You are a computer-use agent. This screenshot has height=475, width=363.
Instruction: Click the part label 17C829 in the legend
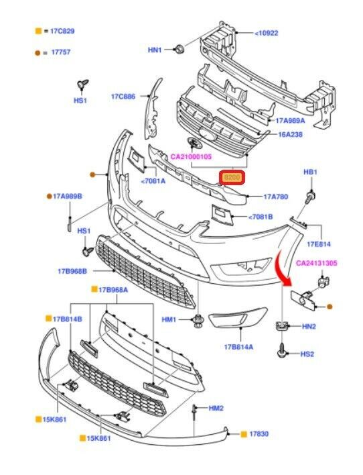point(62,32)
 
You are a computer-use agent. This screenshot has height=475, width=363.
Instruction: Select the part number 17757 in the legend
point(61,52)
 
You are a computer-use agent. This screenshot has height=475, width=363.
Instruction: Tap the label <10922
point(266,33)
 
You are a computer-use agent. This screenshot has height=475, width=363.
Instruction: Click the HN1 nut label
point(155,50)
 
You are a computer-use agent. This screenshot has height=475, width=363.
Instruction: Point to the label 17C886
point(123,97)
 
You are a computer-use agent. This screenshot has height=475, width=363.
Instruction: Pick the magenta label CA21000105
point(191,156)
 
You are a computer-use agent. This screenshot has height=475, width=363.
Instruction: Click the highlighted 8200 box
point(232,178)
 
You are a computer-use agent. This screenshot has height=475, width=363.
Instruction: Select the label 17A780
point(276,197)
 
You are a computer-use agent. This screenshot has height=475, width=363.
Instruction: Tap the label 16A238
point(290,134)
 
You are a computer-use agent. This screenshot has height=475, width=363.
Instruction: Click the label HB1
point(310,172)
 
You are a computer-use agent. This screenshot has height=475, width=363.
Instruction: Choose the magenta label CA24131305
point(316,263)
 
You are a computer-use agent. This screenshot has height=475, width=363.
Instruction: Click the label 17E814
point(319,244)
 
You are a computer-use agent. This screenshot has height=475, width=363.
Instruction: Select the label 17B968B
point(72,271)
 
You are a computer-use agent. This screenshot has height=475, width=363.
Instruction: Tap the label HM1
point(169,319)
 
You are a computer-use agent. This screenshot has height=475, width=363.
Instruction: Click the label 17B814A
point(238,347)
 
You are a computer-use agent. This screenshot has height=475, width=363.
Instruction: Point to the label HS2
point(307,354)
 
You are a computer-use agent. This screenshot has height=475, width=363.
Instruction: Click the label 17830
point(259,434)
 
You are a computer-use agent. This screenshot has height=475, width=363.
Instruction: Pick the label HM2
point(216,409)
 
